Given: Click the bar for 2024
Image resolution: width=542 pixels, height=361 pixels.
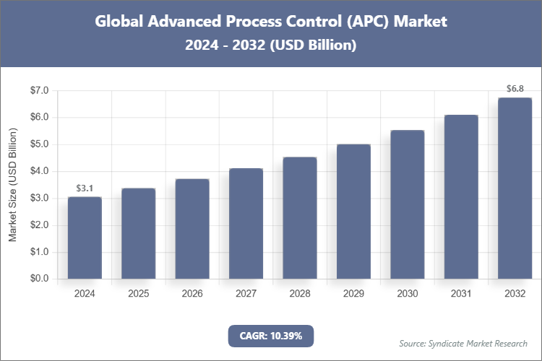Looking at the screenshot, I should click(x=85, y=238).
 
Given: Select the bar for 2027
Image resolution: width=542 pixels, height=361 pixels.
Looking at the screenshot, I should click(x=246, y=223).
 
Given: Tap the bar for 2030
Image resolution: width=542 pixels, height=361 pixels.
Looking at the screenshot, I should click(x=407, y=204).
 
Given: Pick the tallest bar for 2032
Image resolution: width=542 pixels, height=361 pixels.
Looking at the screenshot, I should click(x=515, y=188).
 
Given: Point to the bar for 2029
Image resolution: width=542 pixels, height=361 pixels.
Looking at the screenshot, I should click(x=353, y=212).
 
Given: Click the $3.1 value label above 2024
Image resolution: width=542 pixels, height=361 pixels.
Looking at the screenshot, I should click(x=85, y=188).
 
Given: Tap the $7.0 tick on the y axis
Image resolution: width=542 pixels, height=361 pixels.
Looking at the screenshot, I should click(x=38, y=90).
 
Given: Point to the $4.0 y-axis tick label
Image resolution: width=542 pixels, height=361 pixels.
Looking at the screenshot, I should click(x=38, y=171).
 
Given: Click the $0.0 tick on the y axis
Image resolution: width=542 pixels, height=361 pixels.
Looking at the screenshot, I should click(x=38, y=279).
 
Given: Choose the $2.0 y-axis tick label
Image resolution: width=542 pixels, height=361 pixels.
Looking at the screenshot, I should click(x=38, y=225).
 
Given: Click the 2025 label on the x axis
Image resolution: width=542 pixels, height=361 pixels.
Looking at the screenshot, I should click(x=138, y=294).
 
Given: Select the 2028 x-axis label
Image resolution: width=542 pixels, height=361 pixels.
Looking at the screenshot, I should click(x=299, y=294).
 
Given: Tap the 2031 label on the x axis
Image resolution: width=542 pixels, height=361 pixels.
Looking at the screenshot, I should click(x=461, y=294).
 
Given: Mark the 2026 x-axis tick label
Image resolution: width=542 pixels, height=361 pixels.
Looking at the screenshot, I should click(x=192, y=294).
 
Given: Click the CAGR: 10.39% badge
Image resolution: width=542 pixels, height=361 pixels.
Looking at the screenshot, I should click(x=271, y=336).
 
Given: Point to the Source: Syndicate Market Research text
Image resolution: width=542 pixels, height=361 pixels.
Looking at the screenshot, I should click(x=463, y=343).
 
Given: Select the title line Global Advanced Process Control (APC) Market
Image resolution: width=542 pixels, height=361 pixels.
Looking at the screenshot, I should click(x=271, y=22).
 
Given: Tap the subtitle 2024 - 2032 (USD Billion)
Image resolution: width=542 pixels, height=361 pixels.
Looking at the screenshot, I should click(x=271, y=45).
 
